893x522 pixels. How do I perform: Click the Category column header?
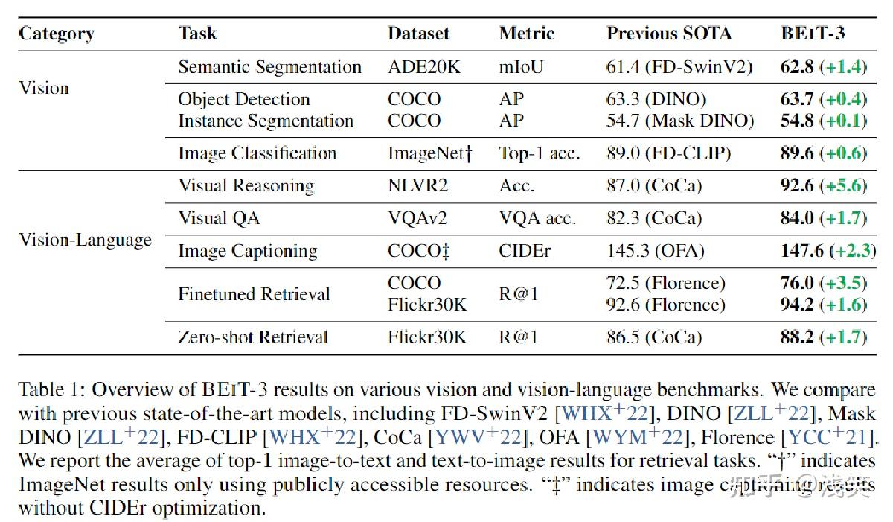[x=56, y=34]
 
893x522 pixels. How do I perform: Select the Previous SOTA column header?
[x=669, y=34]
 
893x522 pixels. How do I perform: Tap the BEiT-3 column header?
[x=812, y=34]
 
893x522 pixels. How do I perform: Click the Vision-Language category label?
[x=85, y=240]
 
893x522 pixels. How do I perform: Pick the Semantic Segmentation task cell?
[x=269, y=67]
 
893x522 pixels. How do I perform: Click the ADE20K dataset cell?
[x=424, y=67]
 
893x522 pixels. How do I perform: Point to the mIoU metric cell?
[x=521, y=67]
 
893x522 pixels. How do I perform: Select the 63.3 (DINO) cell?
[x=656, y=99]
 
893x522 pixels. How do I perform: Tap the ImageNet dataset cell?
[x=430, y=153]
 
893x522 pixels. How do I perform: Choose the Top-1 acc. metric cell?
[x=540, y=153]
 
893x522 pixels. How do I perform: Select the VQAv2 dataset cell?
[x=417, y=218]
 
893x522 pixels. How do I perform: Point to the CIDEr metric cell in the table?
[x=525, y=251]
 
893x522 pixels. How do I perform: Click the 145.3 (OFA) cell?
[x=655, y=251]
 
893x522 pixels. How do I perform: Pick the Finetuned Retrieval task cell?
[x=254, y=294]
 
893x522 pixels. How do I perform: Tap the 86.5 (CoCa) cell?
[x=653, y=337]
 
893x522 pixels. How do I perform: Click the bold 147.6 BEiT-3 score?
[x=797, y=251]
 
